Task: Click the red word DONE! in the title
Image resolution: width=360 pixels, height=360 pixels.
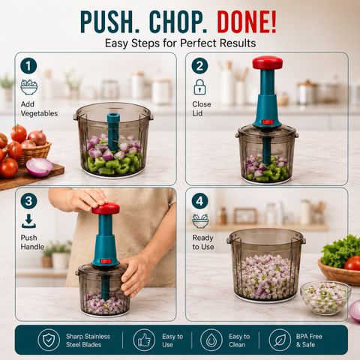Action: coord(247,22)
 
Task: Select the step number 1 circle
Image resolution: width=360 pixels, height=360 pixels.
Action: coord(28,66)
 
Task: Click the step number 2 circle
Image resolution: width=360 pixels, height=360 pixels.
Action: coord(199,66)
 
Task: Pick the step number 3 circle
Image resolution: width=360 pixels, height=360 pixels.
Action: coord(28,201)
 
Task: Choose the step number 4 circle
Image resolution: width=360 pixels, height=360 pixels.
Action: coord(199,201)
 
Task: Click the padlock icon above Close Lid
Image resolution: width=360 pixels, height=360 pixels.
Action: coord(199,87)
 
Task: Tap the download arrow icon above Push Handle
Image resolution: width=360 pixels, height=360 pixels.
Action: coord(28,221)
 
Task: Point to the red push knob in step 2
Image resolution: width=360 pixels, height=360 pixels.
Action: coord(267,62)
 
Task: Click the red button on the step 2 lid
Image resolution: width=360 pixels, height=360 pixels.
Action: coord(268,122)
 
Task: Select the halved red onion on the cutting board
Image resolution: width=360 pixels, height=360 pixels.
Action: coord(39,167)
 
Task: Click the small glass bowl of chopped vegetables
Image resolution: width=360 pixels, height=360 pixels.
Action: coord(325,298)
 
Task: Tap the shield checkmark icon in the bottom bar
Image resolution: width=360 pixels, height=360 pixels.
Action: coord(49,340)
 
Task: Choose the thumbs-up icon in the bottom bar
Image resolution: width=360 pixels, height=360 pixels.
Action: coord(144,340)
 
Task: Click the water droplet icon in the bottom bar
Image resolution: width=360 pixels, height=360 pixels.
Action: coord(211,340)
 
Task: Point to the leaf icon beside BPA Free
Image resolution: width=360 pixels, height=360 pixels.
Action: coord(280,340)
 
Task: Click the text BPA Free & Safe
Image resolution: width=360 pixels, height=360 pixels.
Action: coord(309,340)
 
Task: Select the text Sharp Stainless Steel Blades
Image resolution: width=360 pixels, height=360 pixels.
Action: coord(88,340)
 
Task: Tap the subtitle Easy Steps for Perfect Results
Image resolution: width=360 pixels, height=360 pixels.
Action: coord(180,43)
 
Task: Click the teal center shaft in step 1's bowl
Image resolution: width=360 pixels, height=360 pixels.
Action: coord(113,132)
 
